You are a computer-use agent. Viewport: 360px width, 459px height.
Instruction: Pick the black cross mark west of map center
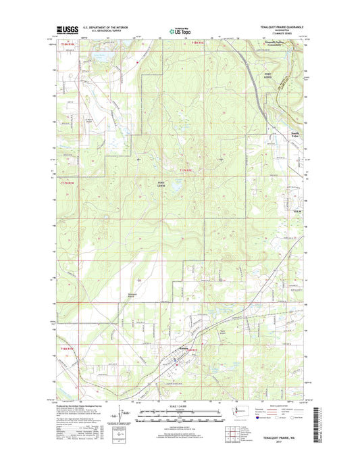click(139, 159)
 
